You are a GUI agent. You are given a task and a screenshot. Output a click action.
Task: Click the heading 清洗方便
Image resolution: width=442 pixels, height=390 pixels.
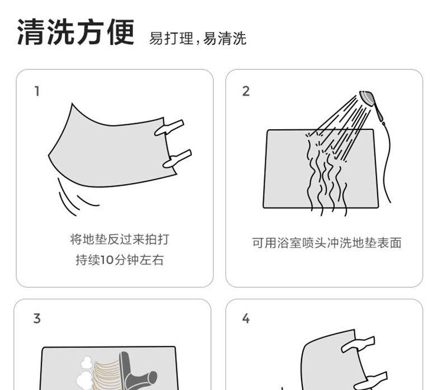point(76,32)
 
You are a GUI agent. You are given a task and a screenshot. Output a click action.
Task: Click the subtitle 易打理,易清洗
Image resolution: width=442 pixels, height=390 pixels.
point(198,39)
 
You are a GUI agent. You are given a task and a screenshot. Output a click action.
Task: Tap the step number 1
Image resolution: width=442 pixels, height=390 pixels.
point(37,91)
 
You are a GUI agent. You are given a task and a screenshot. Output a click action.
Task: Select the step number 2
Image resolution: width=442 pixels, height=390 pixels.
point(246,91)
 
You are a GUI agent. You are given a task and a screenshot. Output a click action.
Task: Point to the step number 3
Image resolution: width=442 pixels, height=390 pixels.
point(37,318)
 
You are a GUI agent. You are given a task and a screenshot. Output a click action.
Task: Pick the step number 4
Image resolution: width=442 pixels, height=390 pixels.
point(246,318)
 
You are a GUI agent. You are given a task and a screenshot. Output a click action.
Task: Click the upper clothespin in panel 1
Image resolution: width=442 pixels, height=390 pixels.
point(169,128)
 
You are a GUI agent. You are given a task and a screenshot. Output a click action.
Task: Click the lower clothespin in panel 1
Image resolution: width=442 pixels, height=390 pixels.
point(177,159)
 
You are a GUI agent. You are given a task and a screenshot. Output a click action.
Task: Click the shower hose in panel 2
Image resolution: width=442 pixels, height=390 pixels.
point(385,161)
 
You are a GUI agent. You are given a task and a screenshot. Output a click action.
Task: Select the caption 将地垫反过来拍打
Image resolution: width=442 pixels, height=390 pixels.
point(120,239)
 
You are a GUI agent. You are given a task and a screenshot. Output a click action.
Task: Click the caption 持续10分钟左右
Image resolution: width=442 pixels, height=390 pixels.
point(120,260)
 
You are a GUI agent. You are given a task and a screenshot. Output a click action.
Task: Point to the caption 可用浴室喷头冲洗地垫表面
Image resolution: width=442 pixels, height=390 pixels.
point(327,243)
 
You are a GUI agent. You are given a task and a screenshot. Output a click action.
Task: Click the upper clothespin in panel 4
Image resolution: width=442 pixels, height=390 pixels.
point(358,344)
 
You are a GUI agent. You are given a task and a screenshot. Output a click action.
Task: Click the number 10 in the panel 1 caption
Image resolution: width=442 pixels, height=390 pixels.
point(106,260)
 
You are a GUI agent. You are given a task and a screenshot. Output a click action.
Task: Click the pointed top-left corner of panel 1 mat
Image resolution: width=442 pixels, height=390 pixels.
point(72,104)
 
